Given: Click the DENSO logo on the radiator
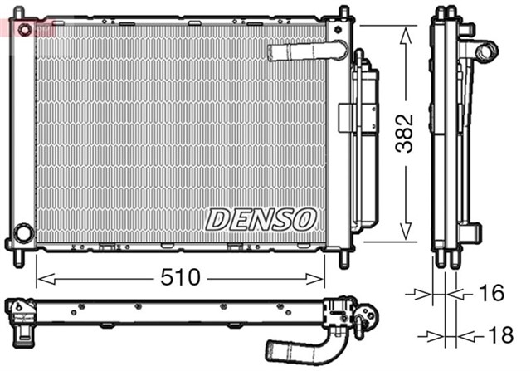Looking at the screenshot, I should [261, 219].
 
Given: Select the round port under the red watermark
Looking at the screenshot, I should [25, 31].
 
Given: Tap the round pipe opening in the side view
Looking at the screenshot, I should [483, 51].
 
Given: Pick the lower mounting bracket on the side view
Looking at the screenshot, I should [471, 232].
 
